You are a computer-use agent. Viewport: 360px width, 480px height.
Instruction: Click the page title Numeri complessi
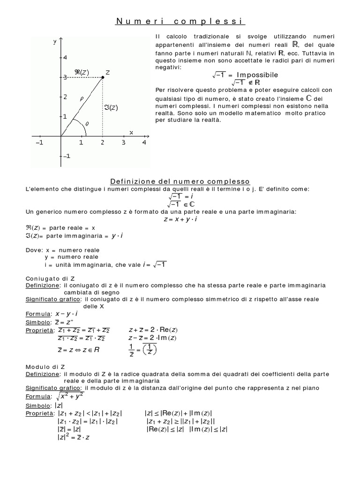click(x=180, y=22)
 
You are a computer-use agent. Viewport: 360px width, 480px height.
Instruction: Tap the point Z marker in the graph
click(x=103, y=77)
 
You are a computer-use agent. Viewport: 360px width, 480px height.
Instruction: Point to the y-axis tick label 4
click(x=65, y=57)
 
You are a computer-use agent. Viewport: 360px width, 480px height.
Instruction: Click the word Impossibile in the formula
click(x=257, y=75)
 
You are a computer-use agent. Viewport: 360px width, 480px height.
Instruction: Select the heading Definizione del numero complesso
click(x=180, y=181)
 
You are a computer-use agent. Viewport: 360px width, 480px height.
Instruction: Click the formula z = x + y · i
click(x=180, y=219)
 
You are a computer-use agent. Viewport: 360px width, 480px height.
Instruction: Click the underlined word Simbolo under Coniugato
click(x=37, y=322)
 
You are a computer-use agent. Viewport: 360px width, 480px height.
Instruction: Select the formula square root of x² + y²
click(x=68, y=396)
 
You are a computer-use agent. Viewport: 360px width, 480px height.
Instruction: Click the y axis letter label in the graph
click(x=55, y=42)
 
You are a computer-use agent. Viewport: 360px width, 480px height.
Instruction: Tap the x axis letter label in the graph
click(x=131, y=132)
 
